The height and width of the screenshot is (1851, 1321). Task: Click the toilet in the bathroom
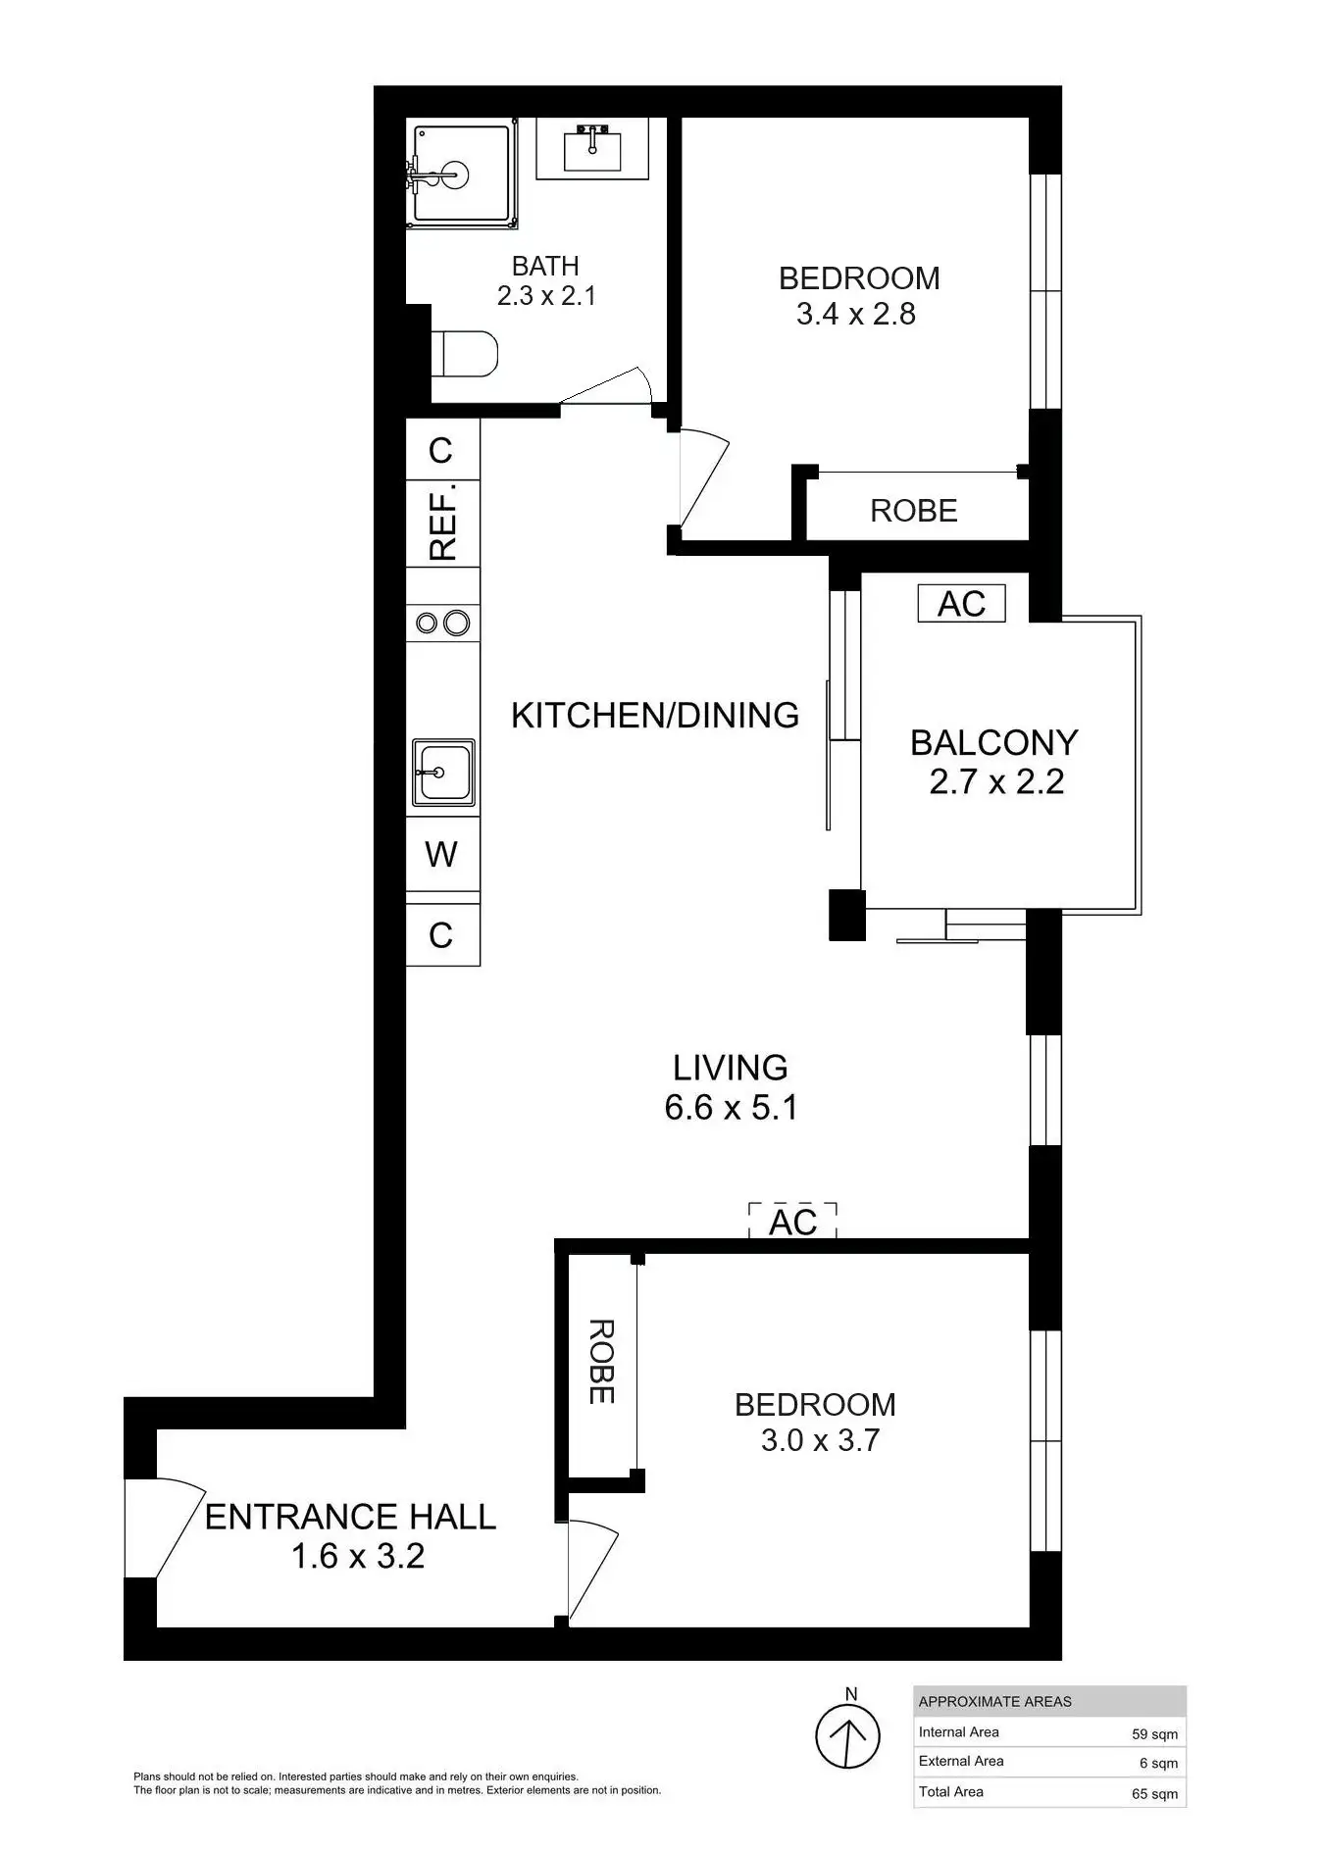464,353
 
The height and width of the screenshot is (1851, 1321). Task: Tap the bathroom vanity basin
592,149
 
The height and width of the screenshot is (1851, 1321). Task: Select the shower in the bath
462,175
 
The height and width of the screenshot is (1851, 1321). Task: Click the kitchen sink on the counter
443,773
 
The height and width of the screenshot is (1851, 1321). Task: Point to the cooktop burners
442,623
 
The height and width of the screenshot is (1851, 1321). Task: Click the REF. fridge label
443,523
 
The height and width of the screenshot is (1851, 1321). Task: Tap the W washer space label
441,855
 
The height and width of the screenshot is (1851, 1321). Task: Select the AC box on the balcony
962,604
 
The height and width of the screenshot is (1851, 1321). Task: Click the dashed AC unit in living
792,1222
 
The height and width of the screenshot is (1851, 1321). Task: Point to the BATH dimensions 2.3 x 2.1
546,295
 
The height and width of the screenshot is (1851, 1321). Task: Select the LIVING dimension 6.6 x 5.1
731,1108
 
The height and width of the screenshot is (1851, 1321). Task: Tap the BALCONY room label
994,743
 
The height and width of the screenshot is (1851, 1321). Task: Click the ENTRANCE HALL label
350,1518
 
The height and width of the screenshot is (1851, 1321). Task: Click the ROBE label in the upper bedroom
914,511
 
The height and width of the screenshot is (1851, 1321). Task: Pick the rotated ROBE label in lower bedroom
601,1362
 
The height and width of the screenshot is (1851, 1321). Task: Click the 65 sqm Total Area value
1154,1794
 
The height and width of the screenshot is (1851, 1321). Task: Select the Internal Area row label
959,1732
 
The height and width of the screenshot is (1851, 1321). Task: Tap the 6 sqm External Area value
1158,1763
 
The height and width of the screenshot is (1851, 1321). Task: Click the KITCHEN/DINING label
655,716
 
